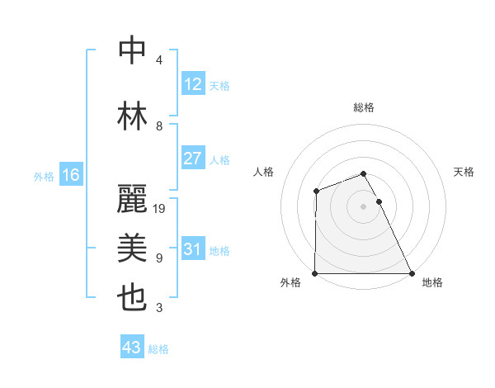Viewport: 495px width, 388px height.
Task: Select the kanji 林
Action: click(x=133, y=115)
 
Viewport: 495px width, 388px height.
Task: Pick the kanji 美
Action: click(x=133, y=248)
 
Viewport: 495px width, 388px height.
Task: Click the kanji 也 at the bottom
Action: click(x=133, y=298)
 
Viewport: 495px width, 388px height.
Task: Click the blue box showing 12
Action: click(x=192, y=84)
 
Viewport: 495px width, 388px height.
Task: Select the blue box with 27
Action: click(x=192, y=159)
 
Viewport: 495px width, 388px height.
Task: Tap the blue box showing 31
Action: click(x=192, y=249)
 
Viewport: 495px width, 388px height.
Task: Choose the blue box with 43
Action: click(x=131, y=348)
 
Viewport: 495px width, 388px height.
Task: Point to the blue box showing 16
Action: click(x=70, y=175)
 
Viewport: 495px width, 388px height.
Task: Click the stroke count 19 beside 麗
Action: click(x=160, y=208)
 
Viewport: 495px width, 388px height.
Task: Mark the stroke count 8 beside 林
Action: click(x=159, y=125)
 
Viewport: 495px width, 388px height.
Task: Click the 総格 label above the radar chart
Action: click(x=364, y=107)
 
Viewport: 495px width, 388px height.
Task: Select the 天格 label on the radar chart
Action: click(x=464, y=172)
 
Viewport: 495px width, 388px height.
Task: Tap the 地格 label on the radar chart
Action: click(x=432, y=282)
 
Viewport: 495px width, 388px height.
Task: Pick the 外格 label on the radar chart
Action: click(x=290, y=282)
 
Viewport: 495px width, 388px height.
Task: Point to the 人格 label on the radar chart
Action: click(x=264, y=172)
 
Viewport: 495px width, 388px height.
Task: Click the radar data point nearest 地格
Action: click(x=412, y=273)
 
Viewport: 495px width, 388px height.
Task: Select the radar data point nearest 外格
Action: click(x=315, y=273)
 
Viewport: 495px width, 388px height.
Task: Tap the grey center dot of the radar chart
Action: click(x=363, y=206)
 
